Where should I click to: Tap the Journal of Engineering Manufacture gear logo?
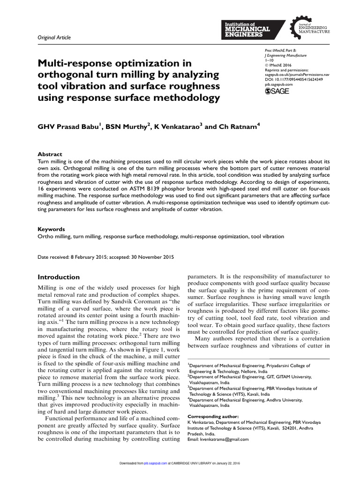(310, 27)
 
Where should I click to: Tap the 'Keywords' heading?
(51, 230)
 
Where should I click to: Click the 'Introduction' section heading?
(59, 277)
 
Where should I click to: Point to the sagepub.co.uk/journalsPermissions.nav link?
(296, 74)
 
